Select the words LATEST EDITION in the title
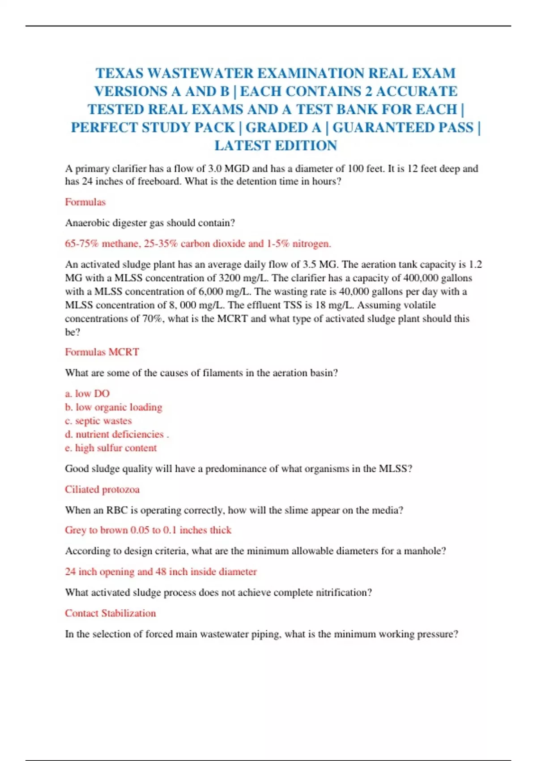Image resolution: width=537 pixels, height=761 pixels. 276,145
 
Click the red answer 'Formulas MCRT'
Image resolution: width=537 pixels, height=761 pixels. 102,352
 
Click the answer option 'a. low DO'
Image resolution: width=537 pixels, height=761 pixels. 87,393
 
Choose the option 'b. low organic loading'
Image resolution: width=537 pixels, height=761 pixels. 114,407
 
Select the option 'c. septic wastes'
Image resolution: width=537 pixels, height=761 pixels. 98,421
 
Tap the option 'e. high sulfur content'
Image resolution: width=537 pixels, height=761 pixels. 111,448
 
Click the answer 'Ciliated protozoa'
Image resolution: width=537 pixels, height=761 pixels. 102,489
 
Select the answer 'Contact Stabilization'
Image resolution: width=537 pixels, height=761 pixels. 111,613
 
